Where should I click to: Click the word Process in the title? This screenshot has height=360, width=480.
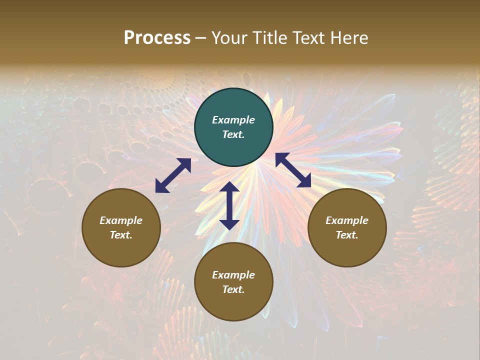click(x=157, y=38)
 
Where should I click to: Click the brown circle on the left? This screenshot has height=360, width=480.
click(x=121, y=227)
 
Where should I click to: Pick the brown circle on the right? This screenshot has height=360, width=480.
click(x=347, y=227)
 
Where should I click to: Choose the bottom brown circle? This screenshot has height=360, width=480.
click(x=233, y=281)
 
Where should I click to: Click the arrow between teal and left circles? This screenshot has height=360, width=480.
click(x=173, y=175)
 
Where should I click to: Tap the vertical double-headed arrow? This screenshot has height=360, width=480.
click(x=229, y=205)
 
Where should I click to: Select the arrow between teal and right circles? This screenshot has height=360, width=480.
click(x=293, y=170)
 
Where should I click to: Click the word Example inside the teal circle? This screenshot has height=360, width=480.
click(x=233, y=120)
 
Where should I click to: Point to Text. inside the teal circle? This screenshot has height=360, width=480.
click(x=233, y=134)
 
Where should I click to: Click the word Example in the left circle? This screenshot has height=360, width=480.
click(x=121, y=220)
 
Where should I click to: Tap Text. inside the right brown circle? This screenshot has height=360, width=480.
click(x=347, y=235)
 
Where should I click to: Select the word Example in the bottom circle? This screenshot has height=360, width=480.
click(x=233, y=275)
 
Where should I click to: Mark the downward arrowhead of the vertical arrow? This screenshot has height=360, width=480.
click(x=229, y=224)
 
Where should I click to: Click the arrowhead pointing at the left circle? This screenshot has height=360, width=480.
click(x=161, y=186)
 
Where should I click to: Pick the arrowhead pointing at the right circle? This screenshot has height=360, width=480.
click(x=304, y=181)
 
